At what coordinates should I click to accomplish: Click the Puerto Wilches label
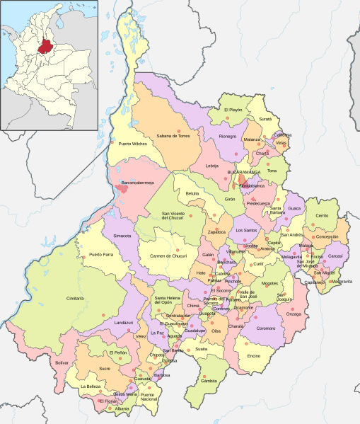point(131,144)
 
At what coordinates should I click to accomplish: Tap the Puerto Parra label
point(101,254)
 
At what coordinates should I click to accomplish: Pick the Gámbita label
point(209,381)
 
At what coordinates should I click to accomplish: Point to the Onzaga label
point(294,314)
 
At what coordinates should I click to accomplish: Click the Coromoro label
point(266,328)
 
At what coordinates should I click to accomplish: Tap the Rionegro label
point(228,137)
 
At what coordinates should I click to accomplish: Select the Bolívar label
point(63,362)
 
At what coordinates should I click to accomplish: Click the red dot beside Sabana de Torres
point(180,131)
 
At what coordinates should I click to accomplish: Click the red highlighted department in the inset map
point(47,46)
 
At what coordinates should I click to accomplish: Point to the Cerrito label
point(322,214)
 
